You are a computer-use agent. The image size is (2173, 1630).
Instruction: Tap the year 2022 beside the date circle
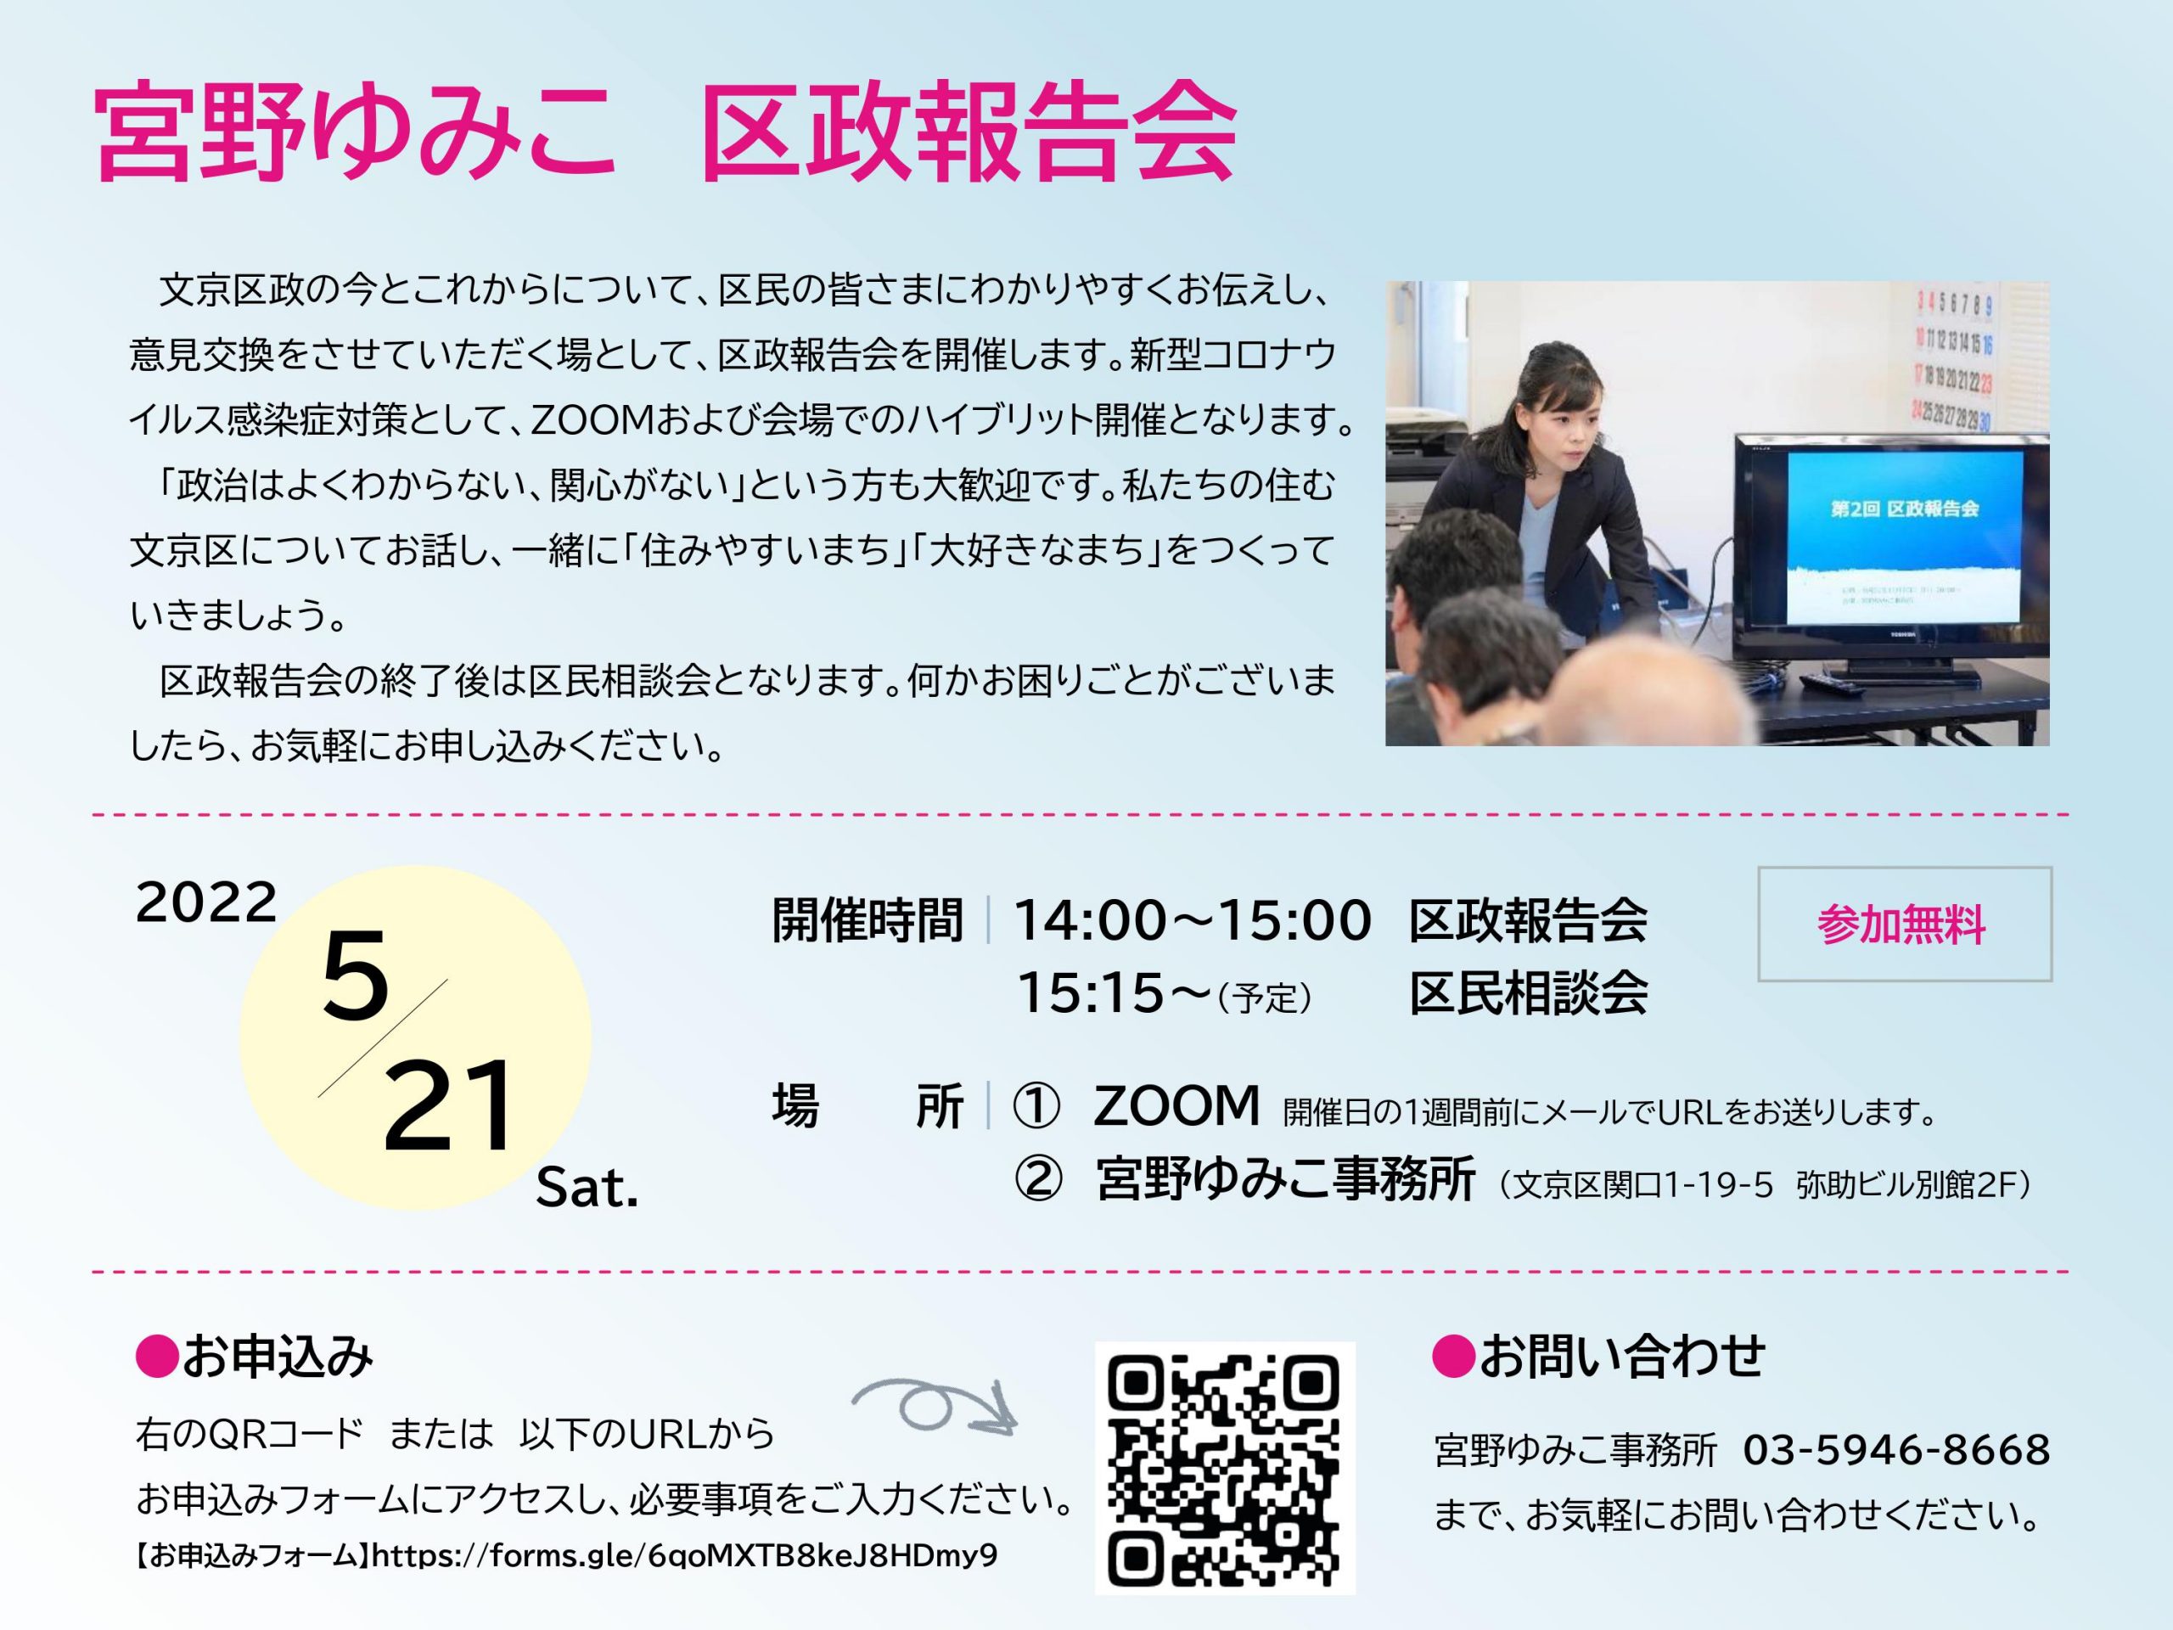click(x=206, y=902)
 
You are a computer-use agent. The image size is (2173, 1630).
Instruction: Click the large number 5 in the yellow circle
click(x=355, y=975)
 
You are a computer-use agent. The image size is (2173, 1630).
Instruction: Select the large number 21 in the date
click(x=448, y=1105)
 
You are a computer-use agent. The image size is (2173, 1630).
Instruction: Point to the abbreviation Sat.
click(x=587, y=1188)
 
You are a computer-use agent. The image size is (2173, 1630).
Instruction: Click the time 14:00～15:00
click(x=1192, y=920)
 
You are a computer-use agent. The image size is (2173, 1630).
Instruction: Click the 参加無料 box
click(x=1904, y=924)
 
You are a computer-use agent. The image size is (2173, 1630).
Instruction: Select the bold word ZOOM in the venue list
click(x=1176, y=1105)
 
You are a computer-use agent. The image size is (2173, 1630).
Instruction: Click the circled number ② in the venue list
click(x=1037, y=1179)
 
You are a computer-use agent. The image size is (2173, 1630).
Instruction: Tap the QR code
click(x=1224, y=1468)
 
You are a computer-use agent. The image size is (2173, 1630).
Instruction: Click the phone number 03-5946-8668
click(x=1896, y=1450)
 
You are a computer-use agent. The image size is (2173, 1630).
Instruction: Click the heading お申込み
click(x=255, y=1357)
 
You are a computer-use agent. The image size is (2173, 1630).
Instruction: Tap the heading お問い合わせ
click(x=1598, y=1357)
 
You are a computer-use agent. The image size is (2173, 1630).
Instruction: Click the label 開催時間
click(x=868, y=920)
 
